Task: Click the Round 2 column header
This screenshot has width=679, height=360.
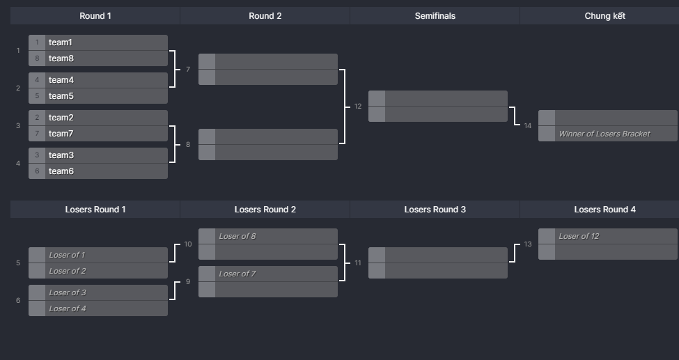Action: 265,15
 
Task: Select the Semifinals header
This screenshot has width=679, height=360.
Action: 435,15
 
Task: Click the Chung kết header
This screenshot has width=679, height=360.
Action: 604,15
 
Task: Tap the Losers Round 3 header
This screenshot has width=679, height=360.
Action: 435,209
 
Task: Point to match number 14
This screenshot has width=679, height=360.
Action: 528,126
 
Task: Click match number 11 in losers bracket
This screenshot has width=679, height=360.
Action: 358,263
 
